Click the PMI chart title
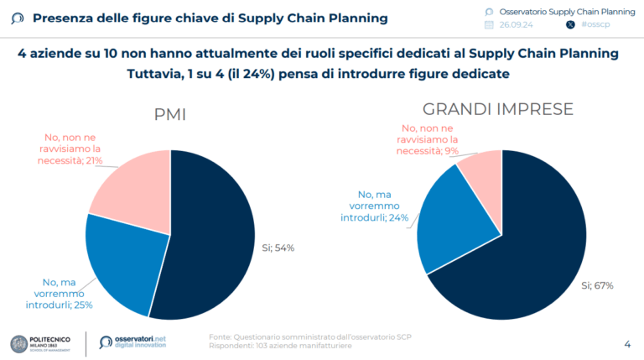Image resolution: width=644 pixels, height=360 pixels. [x=169, y=116]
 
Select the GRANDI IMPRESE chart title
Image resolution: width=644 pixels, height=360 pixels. [x=498, y=109]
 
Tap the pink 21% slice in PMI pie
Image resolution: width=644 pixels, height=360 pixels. [x=134, y=185]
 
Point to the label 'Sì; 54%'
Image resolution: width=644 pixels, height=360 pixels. [x=278, y=248]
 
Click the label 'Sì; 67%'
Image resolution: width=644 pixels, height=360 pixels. [x=597, y=285]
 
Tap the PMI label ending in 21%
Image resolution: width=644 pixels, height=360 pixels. [x=73, y=149]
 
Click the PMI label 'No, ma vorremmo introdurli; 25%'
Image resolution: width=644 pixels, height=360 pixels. [x=60, y=293]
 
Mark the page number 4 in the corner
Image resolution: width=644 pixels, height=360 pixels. [x=627, y=343]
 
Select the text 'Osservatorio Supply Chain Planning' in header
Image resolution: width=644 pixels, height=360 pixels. [x=567, y=11]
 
